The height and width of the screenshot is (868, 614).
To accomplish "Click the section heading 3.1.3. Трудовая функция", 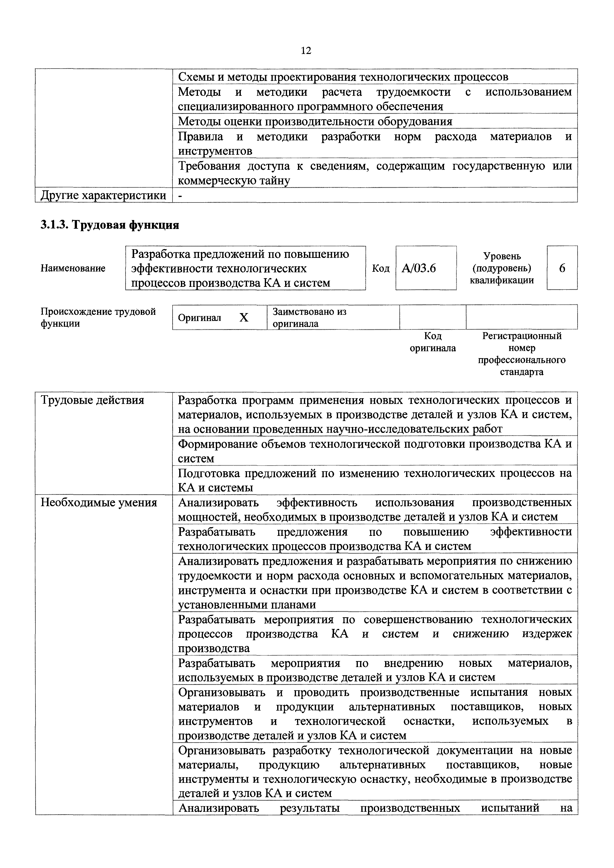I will tap(110, 225).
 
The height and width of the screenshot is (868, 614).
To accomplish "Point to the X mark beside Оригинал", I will tap(244, 318).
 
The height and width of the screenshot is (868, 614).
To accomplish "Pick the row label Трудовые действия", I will tap(92, 400).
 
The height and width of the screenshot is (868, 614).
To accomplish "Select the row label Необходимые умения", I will tap(99, 502).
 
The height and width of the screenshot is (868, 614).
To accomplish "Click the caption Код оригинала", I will tap(433, 342).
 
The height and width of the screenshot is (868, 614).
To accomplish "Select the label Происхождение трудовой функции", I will tap(98, 318).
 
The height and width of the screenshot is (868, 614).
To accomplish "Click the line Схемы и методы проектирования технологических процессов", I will tap(343, 77).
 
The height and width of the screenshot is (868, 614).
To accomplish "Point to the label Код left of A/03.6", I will tap(381, 268).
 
